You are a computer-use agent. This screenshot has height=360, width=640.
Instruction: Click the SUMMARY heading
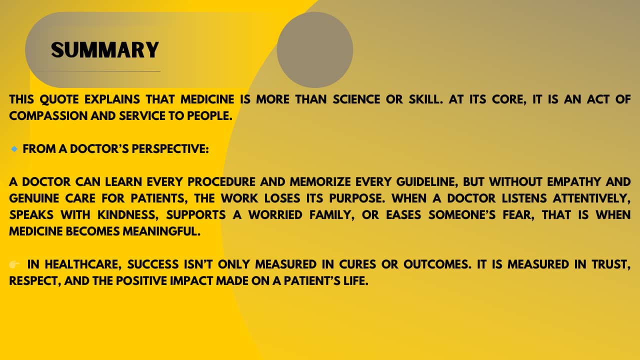coord(105,50)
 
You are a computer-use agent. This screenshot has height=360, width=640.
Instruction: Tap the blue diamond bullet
coord(14,149)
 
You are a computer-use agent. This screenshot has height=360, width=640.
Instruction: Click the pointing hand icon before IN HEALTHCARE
coord(14,264)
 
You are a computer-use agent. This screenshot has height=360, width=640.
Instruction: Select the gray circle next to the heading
coord(315,49)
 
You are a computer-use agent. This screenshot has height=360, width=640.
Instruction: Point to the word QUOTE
coord(59,99)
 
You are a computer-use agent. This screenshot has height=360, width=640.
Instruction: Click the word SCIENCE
coord(356,99)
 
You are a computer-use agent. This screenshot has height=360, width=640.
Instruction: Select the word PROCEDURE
coord(221,182)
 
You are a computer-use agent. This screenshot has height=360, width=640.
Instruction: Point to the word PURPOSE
coord(354,198)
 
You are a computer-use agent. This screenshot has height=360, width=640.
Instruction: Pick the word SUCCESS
coord(153,264)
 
